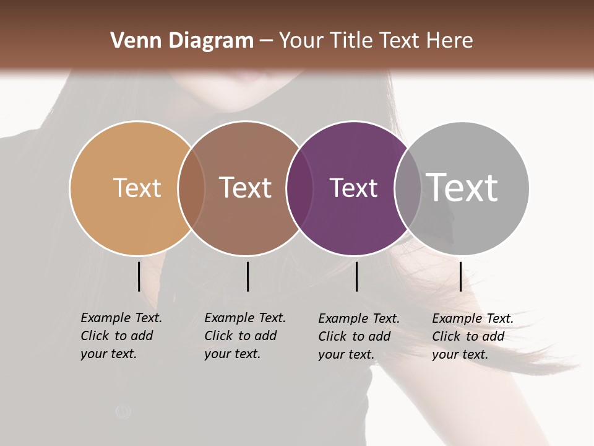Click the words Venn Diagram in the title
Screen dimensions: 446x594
click(182, 41)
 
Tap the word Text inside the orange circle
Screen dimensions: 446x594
click(137, 188)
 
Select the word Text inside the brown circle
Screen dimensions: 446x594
click(245, 188)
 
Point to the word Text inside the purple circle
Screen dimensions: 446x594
click(353, 188)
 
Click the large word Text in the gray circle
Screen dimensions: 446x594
click(462, 187)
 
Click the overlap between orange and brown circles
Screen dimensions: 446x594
click(191, 188)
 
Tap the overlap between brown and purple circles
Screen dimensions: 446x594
click(299, 188)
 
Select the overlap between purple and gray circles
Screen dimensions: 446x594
click(408, 188)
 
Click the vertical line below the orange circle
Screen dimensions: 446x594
click(139, 276)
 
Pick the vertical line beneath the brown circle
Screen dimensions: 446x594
click(247, 276)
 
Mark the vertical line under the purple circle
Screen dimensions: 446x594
click(356, 276)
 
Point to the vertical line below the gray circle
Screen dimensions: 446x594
click(460, 276)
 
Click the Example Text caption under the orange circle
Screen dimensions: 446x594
click(121, 336)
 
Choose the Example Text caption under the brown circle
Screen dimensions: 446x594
click(245, 336)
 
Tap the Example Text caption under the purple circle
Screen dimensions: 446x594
click(359, 336)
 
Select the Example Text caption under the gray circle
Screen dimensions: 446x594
click(473, 336)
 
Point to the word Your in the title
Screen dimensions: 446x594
click(301, 41)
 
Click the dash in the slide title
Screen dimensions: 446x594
click(266, 41)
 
